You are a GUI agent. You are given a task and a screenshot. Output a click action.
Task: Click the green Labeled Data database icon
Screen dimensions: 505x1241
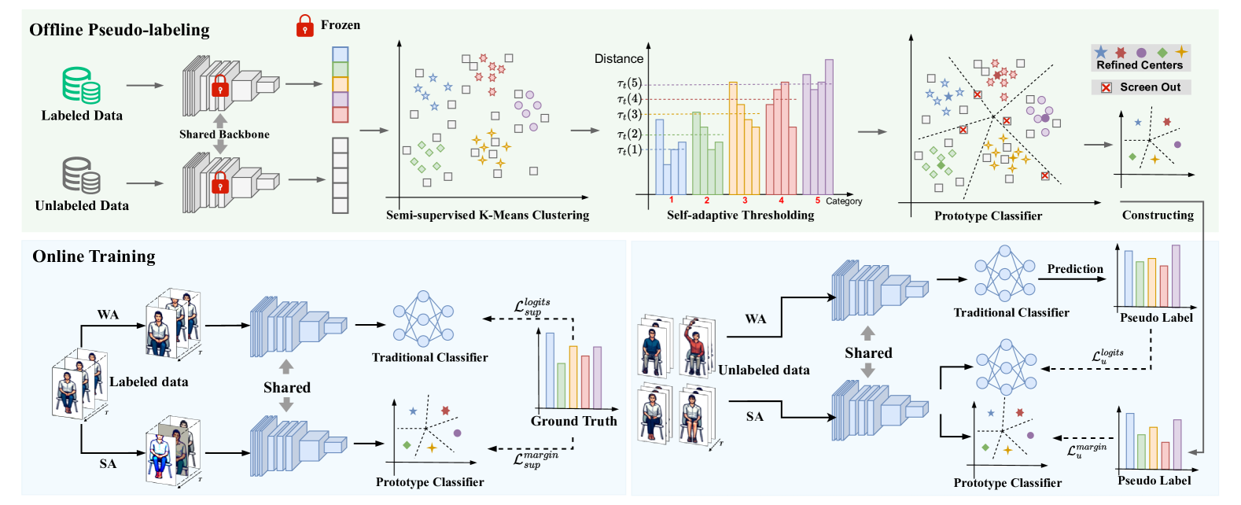(81, 85)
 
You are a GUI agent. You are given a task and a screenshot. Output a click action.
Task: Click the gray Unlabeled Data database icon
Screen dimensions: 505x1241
(81, 175)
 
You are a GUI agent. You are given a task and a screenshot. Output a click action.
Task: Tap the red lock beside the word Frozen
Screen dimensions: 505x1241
(304, 26)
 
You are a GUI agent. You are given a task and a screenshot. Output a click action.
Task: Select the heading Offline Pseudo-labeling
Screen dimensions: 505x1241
(120, 30)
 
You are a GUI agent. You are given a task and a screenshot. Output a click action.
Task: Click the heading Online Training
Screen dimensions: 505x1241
(94, 256)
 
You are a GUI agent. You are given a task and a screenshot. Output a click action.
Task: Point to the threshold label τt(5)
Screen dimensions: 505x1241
(629, 83)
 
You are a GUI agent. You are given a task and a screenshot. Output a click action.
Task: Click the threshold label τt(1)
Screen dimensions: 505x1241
(629, 149)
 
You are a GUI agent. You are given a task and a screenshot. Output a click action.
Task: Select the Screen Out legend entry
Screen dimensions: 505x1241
(1141, 87)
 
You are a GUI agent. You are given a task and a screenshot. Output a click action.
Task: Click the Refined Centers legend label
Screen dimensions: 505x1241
(1140, 65)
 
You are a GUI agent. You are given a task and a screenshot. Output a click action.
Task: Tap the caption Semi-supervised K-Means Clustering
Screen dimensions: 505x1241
(487, 215)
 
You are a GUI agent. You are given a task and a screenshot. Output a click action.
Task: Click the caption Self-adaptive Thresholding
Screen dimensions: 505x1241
(740, 215)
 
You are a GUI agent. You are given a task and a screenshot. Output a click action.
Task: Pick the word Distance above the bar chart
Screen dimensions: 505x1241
(618, 59)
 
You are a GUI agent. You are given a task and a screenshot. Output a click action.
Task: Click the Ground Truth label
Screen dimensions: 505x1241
(573, 421)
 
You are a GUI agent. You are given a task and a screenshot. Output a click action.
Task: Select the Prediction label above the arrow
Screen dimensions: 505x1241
(1074, 269)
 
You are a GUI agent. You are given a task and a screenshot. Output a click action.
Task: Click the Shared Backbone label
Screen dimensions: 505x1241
(224, 135)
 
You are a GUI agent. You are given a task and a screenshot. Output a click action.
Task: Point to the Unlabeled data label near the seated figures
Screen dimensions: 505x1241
(764, 370)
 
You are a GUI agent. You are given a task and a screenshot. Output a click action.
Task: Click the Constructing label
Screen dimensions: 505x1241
(1157, 215)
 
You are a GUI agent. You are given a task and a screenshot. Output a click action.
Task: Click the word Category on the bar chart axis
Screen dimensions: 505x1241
(844, 201)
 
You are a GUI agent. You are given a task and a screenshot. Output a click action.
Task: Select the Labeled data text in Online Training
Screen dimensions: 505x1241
(149, 382)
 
